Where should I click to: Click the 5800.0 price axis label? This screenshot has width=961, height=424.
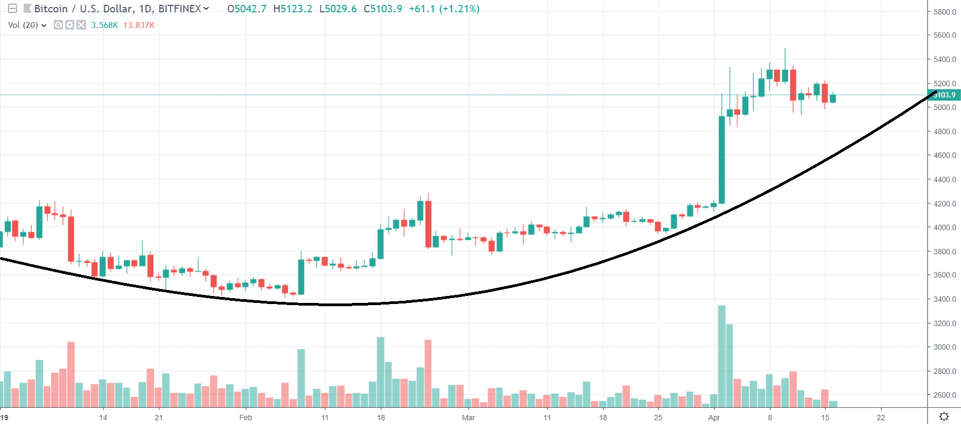pyautogui.click(x=944, y=12)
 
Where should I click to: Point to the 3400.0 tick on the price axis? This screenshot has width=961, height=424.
pyautogui.click(x=944, y=299)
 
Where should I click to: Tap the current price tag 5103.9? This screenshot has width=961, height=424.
pyautogui.click(x=944, y=95)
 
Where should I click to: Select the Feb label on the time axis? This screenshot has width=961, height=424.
pyautogui.click(x=245, y=418)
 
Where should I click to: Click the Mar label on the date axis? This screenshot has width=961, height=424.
pyautogui.click(x=468, y=418)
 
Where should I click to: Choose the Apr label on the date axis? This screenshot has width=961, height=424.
pyautogui.click(x=714, y=418)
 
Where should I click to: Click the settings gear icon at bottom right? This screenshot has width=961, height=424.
pyautogui.click(x=944, y=416)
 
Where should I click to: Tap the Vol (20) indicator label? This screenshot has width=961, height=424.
pyautogui.click(x=23, y=25)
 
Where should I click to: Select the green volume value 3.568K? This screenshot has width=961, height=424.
pyautogui.click(x=104, y=25)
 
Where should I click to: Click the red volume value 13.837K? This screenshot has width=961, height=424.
pyautogui.click(x=139, y=25)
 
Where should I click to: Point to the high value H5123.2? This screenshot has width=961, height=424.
pyautogui.click(x=293, y=9)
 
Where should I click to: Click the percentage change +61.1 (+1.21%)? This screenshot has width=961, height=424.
pyautogui.click(x=444, y=9)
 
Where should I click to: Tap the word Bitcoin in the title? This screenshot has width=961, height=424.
pyautogui.click(x=51, y=9)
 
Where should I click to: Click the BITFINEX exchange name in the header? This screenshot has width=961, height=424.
pyautogui.click(x=180, y=9)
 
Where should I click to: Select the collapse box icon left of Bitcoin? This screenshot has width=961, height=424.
pyautogui.click(x=12, y=9)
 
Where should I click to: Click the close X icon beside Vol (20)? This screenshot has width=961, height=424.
pyautogui.click(x=81, y=25)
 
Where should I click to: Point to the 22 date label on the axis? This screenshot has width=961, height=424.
pyautogui.click(x=881, y=418)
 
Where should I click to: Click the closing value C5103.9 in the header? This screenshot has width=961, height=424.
pyautogui.click(x=383, y=9)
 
